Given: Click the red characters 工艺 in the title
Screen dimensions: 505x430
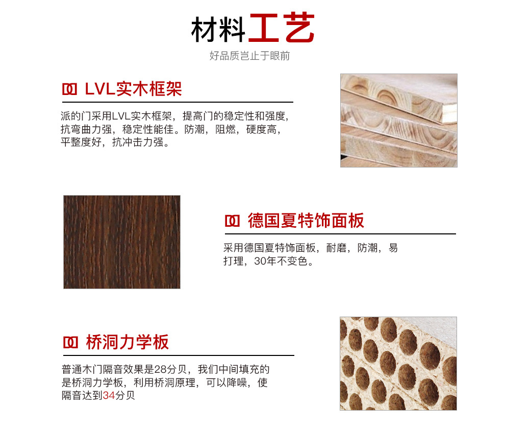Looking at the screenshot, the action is pyautogui.click(x=282, y=28).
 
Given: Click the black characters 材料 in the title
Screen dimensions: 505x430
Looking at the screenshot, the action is pyautogui.click(x=218, y=30).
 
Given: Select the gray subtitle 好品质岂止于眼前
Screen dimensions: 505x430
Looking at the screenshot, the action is pyautogui.click(x=249, y=56).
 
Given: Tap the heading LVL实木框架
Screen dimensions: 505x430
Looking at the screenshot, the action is pyautogui.click(x=133, y=89).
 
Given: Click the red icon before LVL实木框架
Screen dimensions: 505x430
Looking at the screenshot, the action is pyautogui.click(x=69, y=89).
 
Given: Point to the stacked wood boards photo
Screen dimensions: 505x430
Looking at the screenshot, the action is pyautogui.click(x=399, y=120).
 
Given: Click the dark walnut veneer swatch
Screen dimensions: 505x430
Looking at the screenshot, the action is pyautogui.click(x=122, y=242).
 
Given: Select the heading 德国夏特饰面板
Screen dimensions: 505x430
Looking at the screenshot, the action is pyautogui.click(x=306, y=221).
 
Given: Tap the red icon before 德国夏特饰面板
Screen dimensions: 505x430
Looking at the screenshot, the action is pyautogui.click(x=232, y=221).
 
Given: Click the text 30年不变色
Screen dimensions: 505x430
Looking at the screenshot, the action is pyautogui.click(x=284, y=261).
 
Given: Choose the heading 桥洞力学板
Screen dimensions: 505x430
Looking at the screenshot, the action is pyautogui.click(x=128, y=342).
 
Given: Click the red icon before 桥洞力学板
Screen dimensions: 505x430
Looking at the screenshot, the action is pyautogui.click(x=70, y=343).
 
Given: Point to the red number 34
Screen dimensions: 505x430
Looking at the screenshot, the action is pyautogui.click(x=109, y=395).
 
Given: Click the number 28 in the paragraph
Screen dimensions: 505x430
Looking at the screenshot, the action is pyautogui.click(x=161, y=369).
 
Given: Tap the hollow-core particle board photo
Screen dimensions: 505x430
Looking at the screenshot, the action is pyautogui.click(x=398, y=364).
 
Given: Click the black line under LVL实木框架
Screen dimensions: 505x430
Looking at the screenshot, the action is pyautogui.click(x=178, y=102).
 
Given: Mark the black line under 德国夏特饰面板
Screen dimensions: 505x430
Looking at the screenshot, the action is pyautogui.click(x=340, y=234).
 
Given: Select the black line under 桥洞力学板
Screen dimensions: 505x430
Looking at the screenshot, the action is pyautogui.click(x=179, y=355).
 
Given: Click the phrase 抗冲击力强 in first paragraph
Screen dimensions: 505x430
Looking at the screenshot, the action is pyautogui.click(x=138, y=142).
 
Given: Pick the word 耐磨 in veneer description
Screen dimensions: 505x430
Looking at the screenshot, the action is pyautogui.click(x=336, y=248).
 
